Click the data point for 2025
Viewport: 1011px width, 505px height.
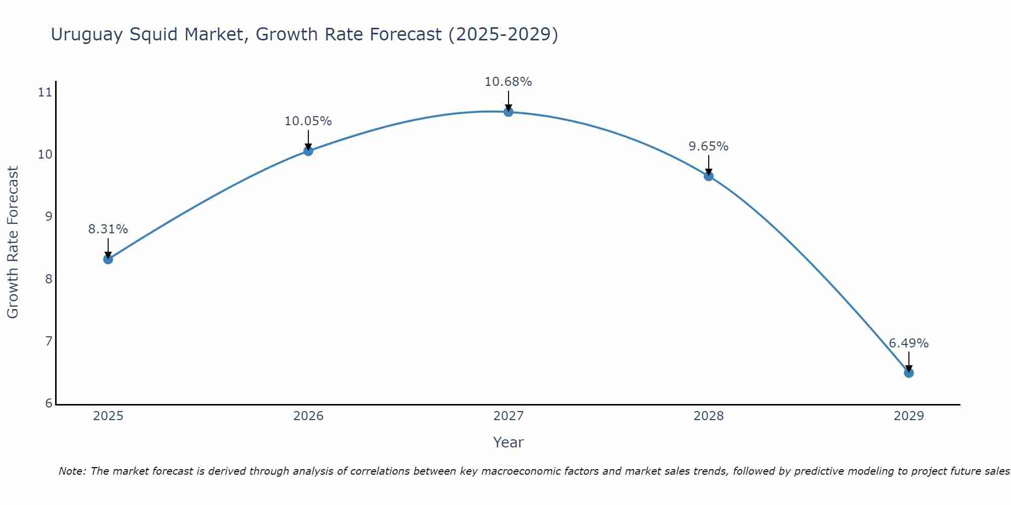[x=108, y=259]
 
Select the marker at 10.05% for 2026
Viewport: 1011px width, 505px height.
[x=308, y=150]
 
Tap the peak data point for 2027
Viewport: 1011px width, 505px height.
[x=509, y=112]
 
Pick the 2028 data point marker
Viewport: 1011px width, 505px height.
[x=709, y=176]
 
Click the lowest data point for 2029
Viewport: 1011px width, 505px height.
[x=908, y=373]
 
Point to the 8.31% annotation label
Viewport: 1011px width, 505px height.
[x=108, y=229]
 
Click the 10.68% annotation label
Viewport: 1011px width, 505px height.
[x=508, y=82]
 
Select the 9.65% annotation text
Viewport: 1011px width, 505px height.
[x=708, y=146]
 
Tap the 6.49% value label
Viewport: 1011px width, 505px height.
[x=908, y=343]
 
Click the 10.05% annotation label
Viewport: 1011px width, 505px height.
[x=308, y=121]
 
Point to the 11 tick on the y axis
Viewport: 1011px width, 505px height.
[x=45, y=92]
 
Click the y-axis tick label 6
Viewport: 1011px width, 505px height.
[x=49, y=403]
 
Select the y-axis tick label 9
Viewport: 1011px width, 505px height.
[x=49, y=217]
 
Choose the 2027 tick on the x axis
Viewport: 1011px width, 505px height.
[x=509, y=416]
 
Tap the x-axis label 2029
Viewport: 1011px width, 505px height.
[x=908, y=416]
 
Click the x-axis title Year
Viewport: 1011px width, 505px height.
[x=508, y=442]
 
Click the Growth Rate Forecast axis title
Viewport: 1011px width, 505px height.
[x=13, y=242]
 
